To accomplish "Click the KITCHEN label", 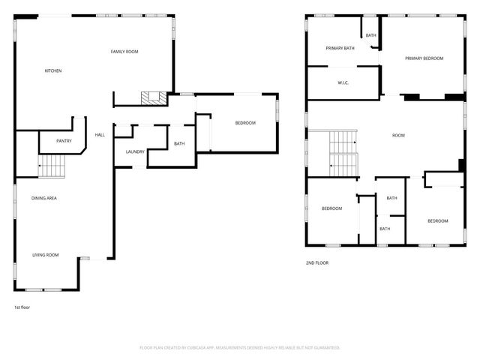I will [52, 71].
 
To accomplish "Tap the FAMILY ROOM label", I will [124, 51].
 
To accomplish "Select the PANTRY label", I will [64, 140].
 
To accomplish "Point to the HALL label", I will [100, 135].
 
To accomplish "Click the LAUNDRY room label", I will [135, 151].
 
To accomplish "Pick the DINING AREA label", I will [44, 198].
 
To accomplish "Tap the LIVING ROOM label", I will [45, 255].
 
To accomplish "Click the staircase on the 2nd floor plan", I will [343, 154].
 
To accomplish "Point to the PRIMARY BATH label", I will [340, 48].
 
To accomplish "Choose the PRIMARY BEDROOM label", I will [424, 58].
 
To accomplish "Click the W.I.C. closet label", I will [343, 82].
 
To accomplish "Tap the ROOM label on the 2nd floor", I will [398, 136].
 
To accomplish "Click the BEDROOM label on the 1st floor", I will [245, 123].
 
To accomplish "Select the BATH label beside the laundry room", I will [179, 144].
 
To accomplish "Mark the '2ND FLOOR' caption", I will [316, 262].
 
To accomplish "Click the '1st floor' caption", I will [22, 307].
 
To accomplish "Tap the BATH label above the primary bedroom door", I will [371, 34].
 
